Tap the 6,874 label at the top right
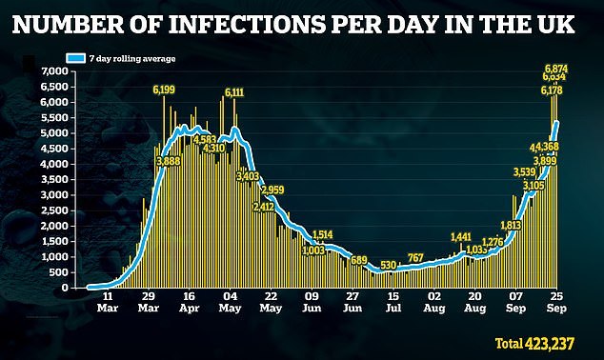[556, 69]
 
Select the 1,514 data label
[321, 234]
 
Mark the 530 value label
[389, 265]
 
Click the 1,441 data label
[461, 236]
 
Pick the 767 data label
[415, 257]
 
